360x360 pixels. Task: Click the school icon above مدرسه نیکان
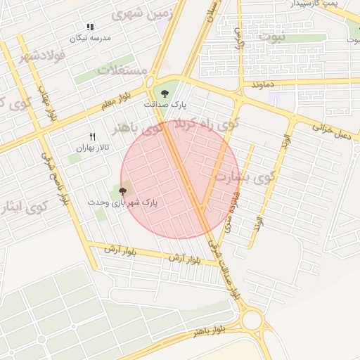pos(90,27)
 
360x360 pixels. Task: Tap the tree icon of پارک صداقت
pos(165,92)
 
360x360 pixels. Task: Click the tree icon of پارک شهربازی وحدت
pos(123,190)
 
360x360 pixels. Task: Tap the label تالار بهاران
pos(90,148)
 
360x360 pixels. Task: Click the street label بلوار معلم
pos(116,104)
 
